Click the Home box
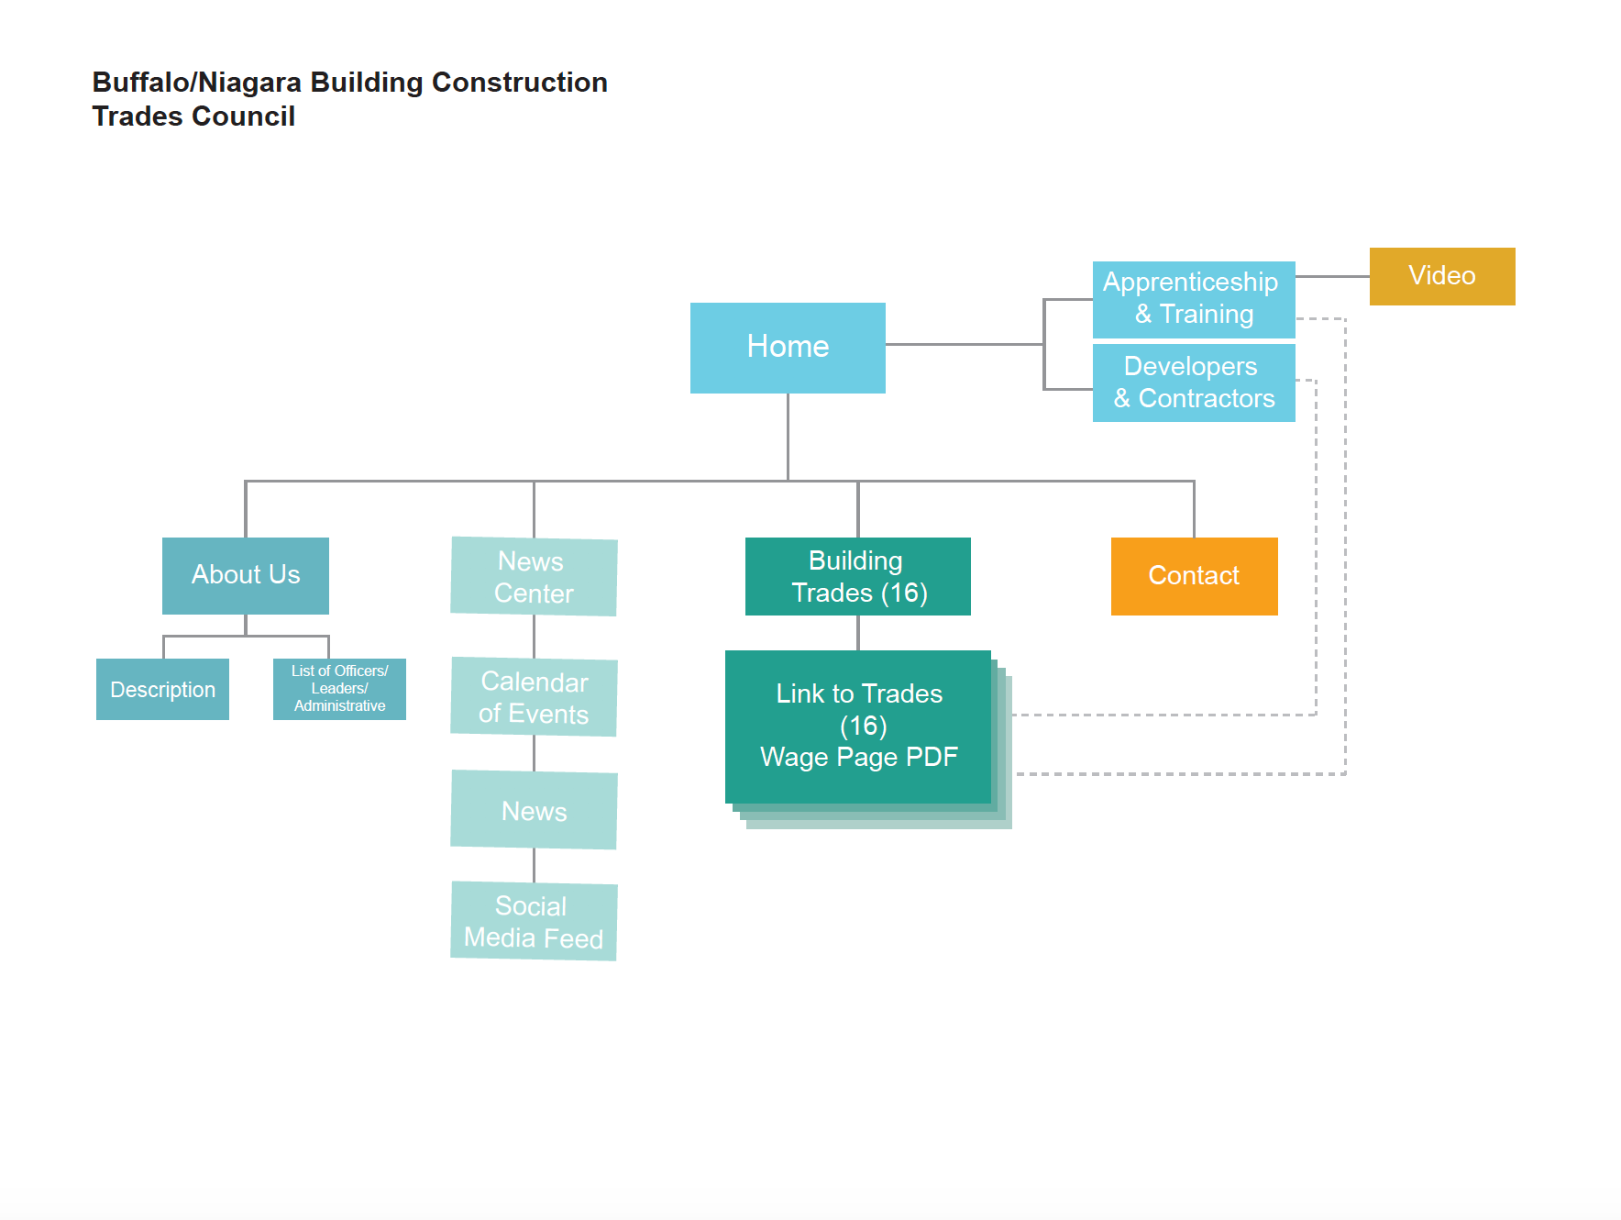pyautogui.click(x=788, y=348)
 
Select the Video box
pyautogui.click(x=1441, y=276)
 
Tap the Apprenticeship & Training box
pyautogui.click(x=1193, y=299)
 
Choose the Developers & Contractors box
pyautogui.click(x=1193, y=383)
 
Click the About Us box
pyautogui.click(x=246, y=575)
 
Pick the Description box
pyautogui.click(x=162, y=690)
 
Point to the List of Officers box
pyautogui.click(x=339, y=688)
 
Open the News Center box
pyautogui.click(x=534, y=577)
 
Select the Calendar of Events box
pyautogui.click(x=534, y=697)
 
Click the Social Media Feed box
pyautogui.click(x=534, y=922)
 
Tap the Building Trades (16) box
pyautogui.click(x=857, y=576)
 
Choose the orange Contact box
pyautogui.click(x=1194, y=576)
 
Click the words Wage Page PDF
pyautogui.click(x=858, y=758)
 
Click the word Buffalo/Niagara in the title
pyautogui.click(x=196, y=83)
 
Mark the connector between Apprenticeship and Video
pyautogui.click(x=1332, y=276)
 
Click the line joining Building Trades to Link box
pyautogui.click(x=858, y=633)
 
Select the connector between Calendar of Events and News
pyautogui.click(x=534, y=753)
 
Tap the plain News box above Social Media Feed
pyautogui.click(x=534, y=811)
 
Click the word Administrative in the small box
pyautogui.click(x=339, y=706)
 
